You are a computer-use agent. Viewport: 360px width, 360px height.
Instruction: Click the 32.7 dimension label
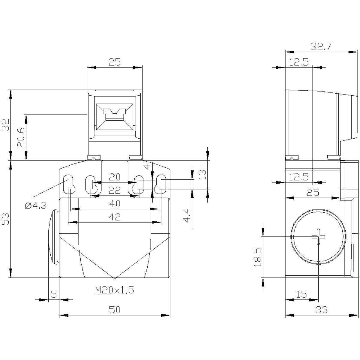[x=321, y=47]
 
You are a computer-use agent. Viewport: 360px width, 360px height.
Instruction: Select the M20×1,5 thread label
[x=115, y=290]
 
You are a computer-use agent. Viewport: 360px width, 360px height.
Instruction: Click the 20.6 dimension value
[x=21, y=137]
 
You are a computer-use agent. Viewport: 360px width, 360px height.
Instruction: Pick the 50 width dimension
[x=115, y=310]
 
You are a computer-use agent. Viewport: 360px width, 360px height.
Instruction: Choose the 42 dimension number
[x=115, y=217]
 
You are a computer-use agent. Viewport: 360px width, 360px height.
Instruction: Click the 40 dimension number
[x=115, y=204]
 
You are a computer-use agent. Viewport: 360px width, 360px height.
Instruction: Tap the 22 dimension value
[x=115, y=190]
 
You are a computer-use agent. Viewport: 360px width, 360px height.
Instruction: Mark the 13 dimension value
[x=202, y=175]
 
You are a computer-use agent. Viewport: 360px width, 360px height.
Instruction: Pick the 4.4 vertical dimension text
[x=187, y=216]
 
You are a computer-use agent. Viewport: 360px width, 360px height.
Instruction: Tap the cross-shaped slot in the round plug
[x=318, y=237]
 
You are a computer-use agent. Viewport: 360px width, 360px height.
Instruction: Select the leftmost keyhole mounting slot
[x=69, y=184]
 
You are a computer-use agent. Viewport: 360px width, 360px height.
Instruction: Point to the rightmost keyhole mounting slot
[x=160, y=184]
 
